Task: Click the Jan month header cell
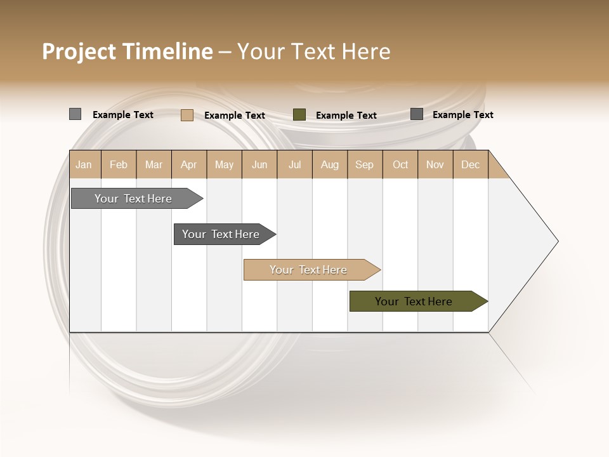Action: [84, 164]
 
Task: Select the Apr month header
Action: [189, 164]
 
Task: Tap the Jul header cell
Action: [294, 164]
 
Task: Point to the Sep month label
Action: [364, 164]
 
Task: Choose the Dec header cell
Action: [470, 164]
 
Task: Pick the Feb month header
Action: [119, 164]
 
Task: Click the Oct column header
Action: [400, 164]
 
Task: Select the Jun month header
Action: [259, 164]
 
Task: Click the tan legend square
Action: [187, 115]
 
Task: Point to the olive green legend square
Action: [299, 115]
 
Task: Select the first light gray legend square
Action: [75, 114]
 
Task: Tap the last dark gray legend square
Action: [417, 114]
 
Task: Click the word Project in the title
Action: [79, 51]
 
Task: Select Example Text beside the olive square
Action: [346, 116]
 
